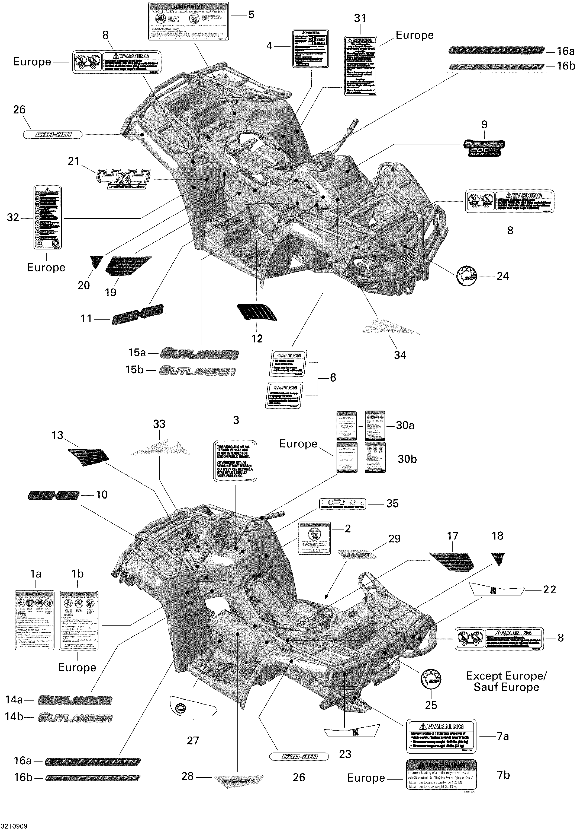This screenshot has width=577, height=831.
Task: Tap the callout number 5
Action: click(x=251, y=15)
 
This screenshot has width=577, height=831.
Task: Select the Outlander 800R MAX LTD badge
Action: click(x=484, y=148)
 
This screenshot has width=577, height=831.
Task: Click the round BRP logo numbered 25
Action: click(x=431, y=680)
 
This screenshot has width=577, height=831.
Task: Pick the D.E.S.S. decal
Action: click(x=342, y=503)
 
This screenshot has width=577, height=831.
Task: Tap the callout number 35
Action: click(x=392, y=503)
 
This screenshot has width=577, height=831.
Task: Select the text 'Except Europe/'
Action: click(x=506, y=676)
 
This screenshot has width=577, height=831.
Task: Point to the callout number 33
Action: click(x=159, y=424)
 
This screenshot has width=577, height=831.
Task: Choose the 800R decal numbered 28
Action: click(x=239, y=779)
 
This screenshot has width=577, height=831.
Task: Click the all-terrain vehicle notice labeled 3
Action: click(x=235, y=461)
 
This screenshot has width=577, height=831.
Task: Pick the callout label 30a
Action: click(x=405, y=425)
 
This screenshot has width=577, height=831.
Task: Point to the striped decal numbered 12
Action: click(x=257, y=312)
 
